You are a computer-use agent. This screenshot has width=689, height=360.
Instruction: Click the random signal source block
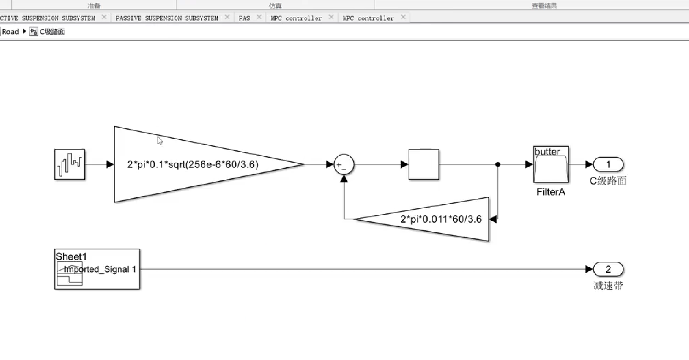(x=69, y=164)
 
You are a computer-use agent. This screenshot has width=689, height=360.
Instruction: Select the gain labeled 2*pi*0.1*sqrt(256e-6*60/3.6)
(x=193, y=164)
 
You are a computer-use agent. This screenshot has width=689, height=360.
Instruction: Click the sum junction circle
(x=344, y=164)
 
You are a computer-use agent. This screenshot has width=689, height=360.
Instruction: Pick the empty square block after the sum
(x=424, y=164)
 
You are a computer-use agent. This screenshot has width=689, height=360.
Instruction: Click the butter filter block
(x=551, y=164)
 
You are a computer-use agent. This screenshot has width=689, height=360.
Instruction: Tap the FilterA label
(x=551, y=192)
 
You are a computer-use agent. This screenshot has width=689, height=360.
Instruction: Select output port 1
(x=608, y=164)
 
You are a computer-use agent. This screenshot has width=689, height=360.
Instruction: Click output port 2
(x=608, y=269)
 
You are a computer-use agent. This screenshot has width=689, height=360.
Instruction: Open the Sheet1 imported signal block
(x=97, y=269)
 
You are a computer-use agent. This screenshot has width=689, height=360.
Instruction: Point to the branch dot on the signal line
(x=498, y=164)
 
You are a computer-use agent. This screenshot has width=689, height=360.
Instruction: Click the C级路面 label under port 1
(x=608, y=181)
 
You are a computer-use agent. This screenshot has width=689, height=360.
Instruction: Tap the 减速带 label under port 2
(x=608, y=286)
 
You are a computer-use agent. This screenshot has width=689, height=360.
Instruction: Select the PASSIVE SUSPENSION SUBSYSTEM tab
(x=167, y=18)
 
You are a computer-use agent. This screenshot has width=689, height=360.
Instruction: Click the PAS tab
(x=244, y=18)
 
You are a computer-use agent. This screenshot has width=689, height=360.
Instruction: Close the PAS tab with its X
(x=259, y=17)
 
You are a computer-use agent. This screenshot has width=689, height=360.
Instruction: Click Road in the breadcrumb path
(x=10, y=32)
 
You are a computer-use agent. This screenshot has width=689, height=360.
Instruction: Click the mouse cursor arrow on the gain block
(x=160, y=141)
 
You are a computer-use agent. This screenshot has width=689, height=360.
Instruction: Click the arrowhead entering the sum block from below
(x=344, y=179)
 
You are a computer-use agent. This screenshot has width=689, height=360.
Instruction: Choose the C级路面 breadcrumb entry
(x=52, y=32)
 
